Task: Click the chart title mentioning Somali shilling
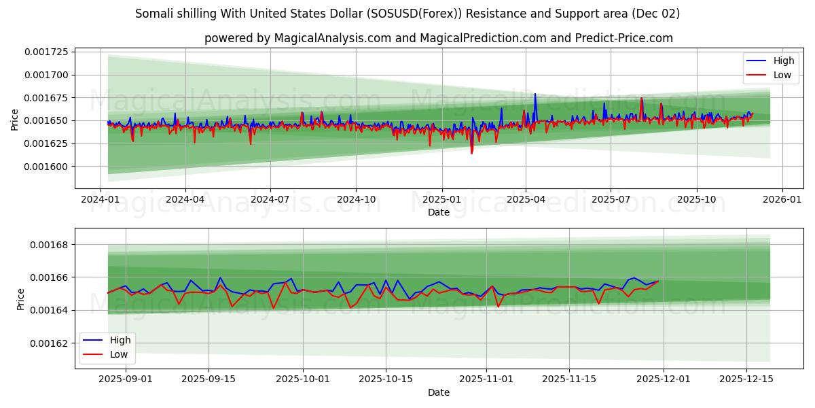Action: pyautogui.click(x=407, y=14)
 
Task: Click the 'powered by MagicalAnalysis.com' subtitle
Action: pyautogui.click(x=438, y=38)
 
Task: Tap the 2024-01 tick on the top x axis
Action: pyautogui.click(x=101, y=199)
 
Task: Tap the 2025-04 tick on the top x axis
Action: pyautogui.click(x=526, y=199)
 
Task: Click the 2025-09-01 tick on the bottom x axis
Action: pyautogui.click(x=126, y=379)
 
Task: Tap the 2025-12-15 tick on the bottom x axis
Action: pyautogui.click(x=746, y=379)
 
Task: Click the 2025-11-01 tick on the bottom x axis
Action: pyautogui.click(x=486, y=379)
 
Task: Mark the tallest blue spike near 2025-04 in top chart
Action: pyautogui.click(x=535, y=94)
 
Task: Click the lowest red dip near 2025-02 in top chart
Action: pyautogui.click(x=471, y=153)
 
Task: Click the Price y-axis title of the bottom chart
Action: pyautogui.click(x=20, y=299)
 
